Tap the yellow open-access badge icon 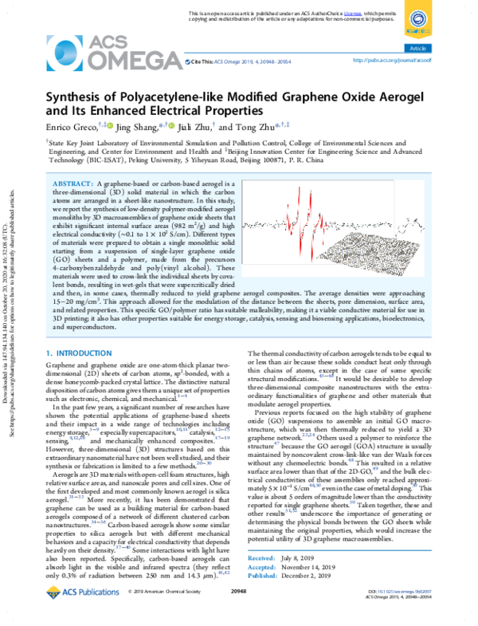click(x=418, y=19)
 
